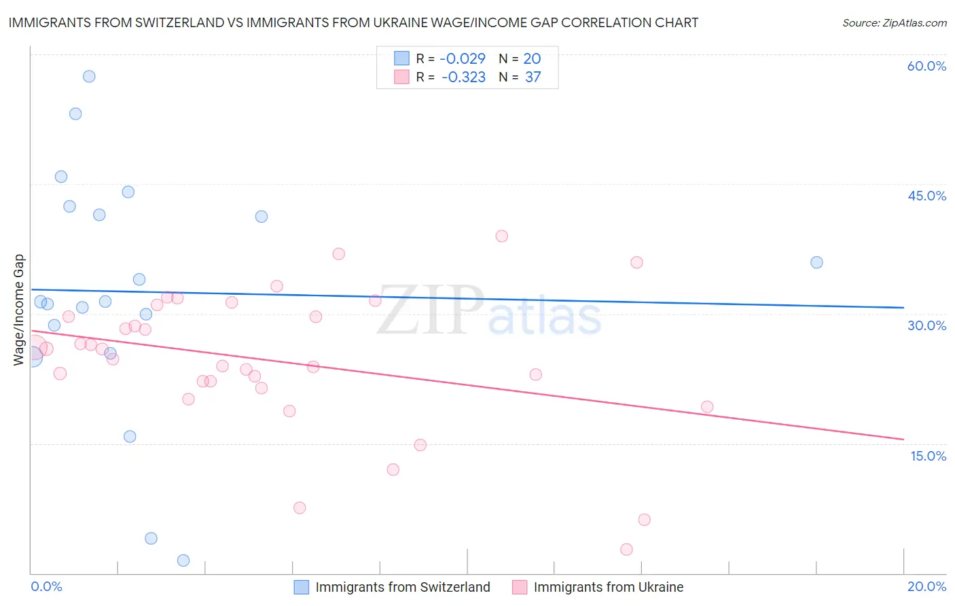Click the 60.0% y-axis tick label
pos(926,66)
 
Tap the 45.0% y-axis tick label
pos(926,196)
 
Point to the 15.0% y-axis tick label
pos(928,456)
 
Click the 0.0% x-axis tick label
pos(46,586)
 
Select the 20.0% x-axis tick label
pos(926,586)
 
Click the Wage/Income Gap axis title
pos(19,310)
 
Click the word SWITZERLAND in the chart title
pos(173,22)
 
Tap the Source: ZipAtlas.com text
pos(894,22)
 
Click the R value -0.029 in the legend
pos(463,58)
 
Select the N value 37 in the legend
pos(533,77)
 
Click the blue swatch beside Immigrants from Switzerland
pos(302,587)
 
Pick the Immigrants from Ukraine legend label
pos(608,587)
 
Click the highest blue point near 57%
pos(89,76)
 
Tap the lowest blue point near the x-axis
pos(183,560)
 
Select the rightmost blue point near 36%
pos(816,262)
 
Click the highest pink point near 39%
pos(501,236)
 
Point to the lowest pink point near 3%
pos(626,549)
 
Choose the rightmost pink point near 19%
pos(707,407)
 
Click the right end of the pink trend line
pos(903,439)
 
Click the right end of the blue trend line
pos(903,308)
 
